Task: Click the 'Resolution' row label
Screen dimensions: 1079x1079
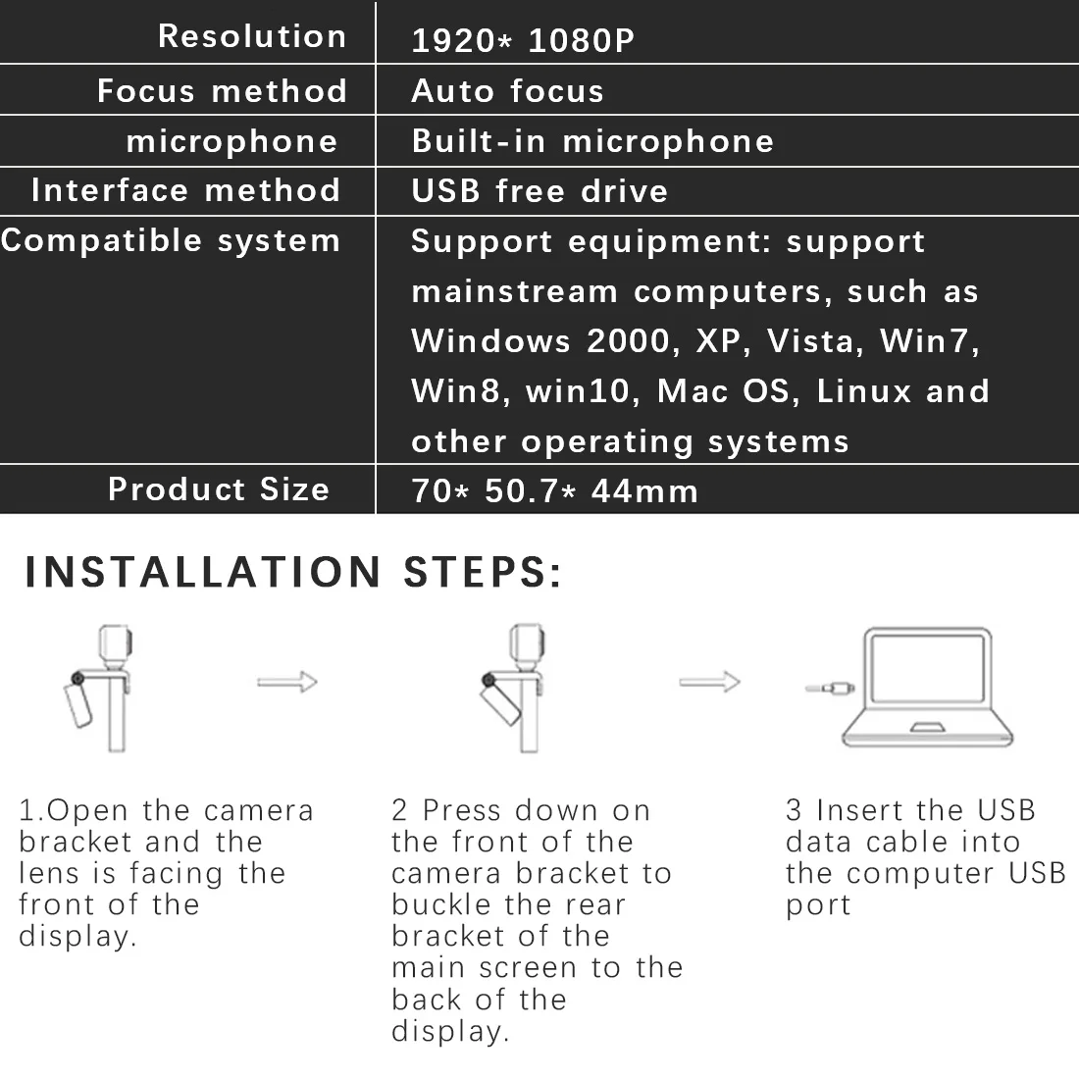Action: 252,36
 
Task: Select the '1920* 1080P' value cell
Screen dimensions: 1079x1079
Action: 523,40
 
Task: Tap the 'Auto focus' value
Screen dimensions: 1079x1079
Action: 507,91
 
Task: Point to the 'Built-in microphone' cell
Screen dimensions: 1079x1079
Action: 592,141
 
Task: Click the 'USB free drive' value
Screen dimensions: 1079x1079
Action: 539,190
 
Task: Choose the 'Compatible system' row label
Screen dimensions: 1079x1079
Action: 171,240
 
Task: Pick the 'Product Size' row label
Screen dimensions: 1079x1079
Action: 219,488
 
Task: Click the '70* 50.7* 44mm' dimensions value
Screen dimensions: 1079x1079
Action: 554,490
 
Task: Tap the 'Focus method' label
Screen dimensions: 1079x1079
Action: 223,91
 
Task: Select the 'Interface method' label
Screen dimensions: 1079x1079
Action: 186,189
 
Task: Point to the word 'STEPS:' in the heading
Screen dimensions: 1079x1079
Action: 484,572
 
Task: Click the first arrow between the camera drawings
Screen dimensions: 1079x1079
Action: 287,682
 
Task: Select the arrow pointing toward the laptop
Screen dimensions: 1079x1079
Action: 709,682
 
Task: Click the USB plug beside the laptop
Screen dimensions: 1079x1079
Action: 830,689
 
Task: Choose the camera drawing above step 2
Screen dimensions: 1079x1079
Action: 517,687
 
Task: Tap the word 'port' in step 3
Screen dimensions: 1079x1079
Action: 818,904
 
